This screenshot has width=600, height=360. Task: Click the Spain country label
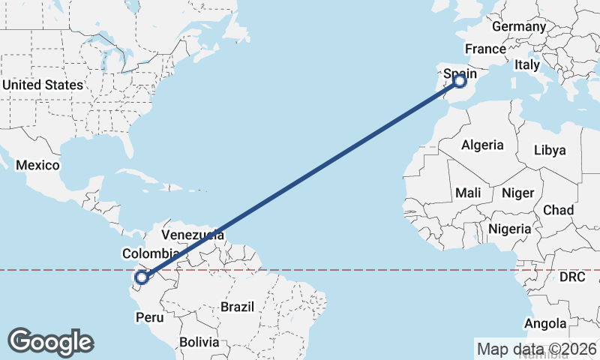460,74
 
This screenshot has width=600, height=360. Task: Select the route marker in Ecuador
141,278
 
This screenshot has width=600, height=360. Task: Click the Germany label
519,26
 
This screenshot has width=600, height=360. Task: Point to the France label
485,49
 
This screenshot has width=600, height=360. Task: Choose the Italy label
527,65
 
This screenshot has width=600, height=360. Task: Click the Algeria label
482,145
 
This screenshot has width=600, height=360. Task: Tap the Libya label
550,150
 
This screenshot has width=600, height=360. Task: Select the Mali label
468,193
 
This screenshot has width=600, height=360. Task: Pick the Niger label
517,193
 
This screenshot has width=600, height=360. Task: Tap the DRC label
572,277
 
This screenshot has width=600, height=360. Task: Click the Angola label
545,323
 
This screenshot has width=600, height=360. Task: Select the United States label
42,85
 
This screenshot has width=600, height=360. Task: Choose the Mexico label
37,164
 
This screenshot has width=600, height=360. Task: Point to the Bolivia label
199,342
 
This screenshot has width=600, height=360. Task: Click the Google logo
50,342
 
